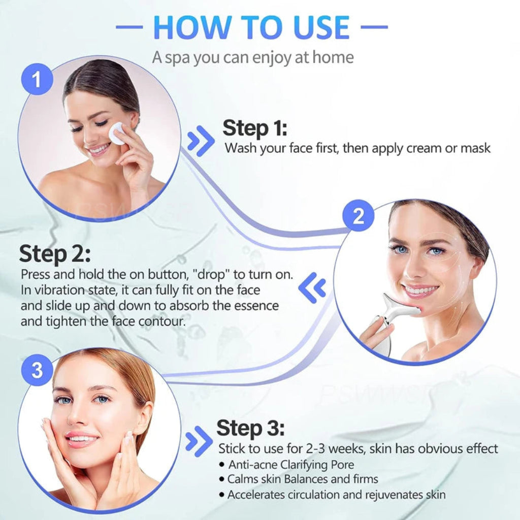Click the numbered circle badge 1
(x=37, y=79)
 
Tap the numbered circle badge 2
(x=359, y=216)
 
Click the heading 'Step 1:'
(x=254, y=128)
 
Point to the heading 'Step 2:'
(x=55, y=253)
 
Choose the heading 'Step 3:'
(x=250, y=428)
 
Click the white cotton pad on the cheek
(x=117, y=133)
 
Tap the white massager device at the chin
(x=396, y=311)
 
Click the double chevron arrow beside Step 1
(x=201, y=140)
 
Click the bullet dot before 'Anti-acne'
(x=222, y=465)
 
